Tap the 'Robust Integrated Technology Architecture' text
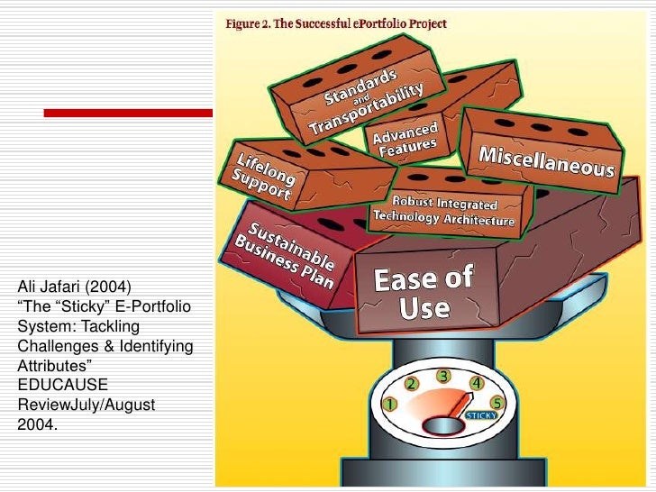[443, 210]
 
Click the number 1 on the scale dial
[389, 405]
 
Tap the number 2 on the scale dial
[411, 384]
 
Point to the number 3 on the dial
[443, 375]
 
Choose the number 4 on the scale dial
[475, 383]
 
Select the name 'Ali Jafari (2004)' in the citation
[74, 289]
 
